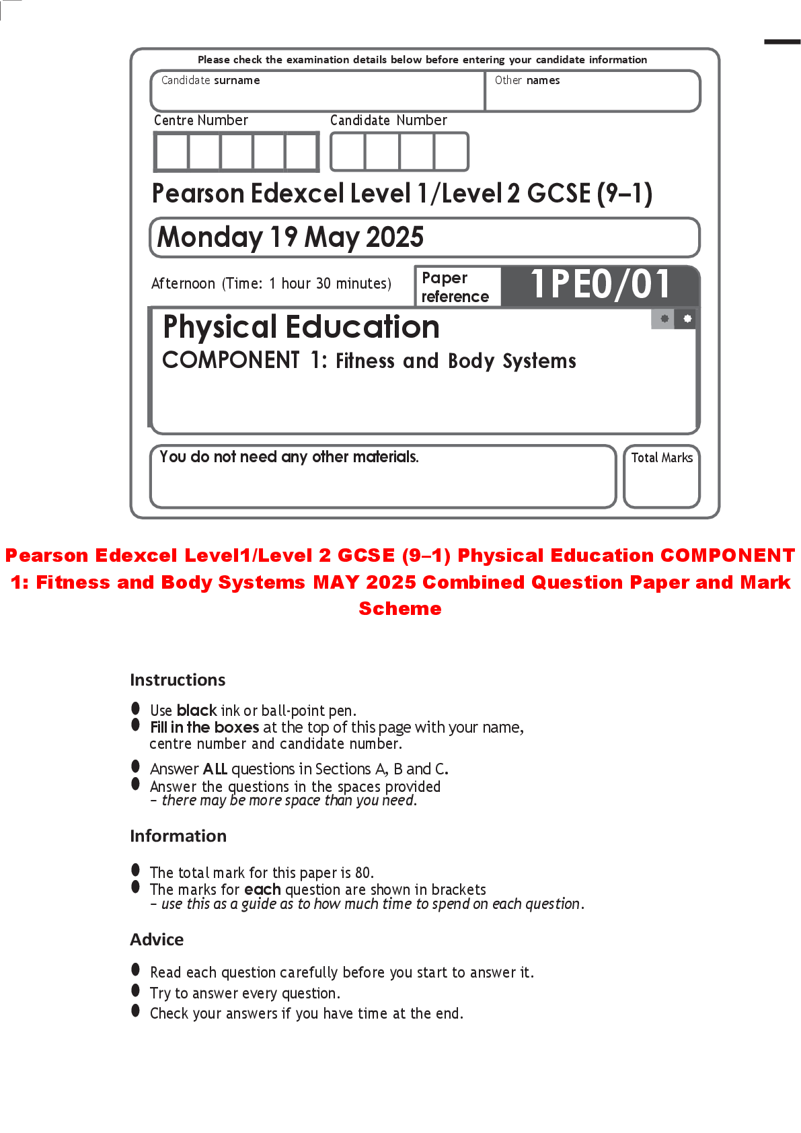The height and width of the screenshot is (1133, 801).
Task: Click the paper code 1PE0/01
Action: tap(601, 285)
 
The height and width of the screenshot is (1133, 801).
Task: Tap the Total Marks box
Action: tap(661, 476)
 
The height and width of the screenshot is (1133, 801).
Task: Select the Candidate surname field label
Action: tap(211, 81)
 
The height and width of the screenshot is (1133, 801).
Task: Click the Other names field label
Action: tap(527, 81)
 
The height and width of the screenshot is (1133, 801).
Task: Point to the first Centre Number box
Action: tap(171, 151)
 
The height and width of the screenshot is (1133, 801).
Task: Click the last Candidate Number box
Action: tap(451, 151)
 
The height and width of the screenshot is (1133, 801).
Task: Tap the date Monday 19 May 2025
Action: tap(291, 237)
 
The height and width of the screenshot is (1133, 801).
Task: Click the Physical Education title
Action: tap(301, 327)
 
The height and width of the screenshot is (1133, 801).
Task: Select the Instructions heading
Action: tap(178, 680)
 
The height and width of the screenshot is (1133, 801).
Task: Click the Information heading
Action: tap(178, 836)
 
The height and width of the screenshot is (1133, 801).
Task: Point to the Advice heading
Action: tap(157, 939)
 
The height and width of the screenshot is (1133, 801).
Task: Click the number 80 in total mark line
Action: tap(363, 873)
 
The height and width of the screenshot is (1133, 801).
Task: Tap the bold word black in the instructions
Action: tap(196, 710)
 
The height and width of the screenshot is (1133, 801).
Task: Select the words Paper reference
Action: tap(455, 287)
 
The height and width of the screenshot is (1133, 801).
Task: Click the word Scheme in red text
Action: tap(400, 608)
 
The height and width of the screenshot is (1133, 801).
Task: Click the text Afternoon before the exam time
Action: tap(183, 283)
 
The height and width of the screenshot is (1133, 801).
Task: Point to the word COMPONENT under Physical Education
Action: tap(231, 360)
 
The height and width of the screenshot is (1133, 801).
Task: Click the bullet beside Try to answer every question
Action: tap(135, 990)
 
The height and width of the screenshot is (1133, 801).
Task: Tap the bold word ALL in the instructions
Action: tap(215, 769)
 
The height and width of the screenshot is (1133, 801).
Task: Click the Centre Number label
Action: tap(201, 120)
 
